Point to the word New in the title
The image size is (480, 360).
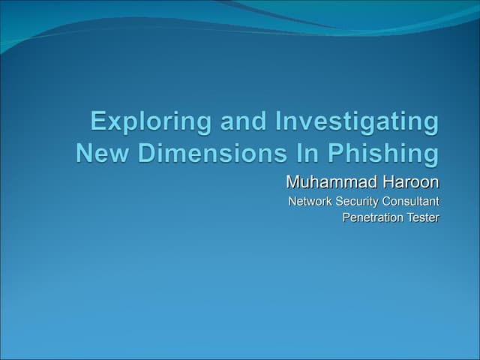pyautogui.click(x=103, y=153)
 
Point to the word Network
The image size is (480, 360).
pyautogui.click(x=309, y=202)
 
